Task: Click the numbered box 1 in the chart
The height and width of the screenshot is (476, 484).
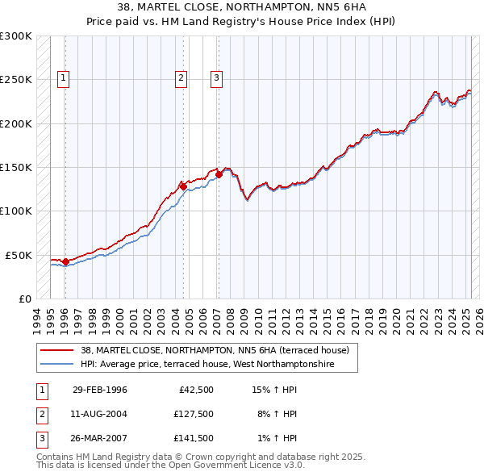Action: (x=63, y=78)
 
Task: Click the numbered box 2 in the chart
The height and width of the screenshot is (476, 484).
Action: (x=181, y=78)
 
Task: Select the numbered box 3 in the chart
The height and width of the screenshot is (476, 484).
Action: (x=217, y=78)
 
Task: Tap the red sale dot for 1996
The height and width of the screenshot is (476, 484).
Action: (x=65, y=261)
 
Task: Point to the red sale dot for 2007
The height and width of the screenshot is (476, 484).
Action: (x=219, y=174)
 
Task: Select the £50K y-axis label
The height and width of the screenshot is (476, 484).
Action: (x=19, y=255)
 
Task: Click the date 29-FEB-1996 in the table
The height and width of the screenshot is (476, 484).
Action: (x=100, y=390)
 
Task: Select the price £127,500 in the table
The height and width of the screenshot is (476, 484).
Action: (x=194, y=414)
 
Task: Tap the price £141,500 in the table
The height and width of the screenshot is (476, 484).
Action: (x=194, y=438)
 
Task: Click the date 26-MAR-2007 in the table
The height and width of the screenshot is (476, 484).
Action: (x=100, y=438)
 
